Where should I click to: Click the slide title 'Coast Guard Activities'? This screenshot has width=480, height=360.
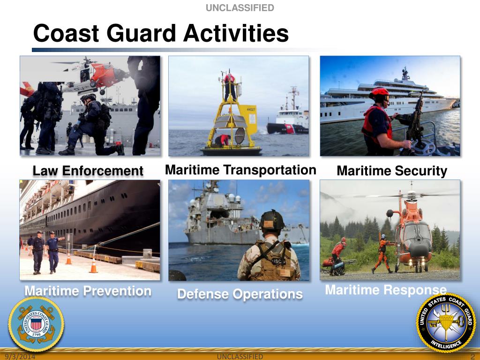tap(160, 34)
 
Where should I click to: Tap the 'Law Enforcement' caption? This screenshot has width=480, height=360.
tap(88, 171)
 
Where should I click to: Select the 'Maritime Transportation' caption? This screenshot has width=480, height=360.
tap(240, 170)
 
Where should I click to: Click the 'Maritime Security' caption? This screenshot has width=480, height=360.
tap(392, 171)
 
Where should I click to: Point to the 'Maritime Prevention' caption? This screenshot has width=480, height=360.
tap(88, 291)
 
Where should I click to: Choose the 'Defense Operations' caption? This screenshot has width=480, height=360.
tap(240, 294)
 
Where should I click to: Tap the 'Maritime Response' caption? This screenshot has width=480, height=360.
tap(385, 290)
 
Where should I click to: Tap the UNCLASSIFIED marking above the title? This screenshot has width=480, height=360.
tap(240, 7)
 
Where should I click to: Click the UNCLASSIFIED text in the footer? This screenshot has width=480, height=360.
tap(240, 357)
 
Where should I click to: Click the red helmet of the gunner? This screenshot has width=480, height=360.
tap(380, 92)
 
